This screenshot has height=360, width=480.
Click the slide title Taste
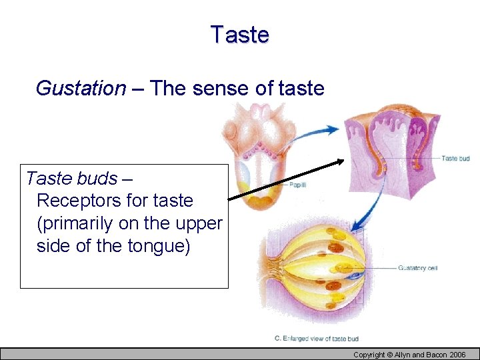(239, 34)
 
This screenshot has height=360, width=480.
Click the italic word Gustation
(80, 88)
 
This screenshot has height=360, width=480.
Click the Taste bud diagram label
(455, 158)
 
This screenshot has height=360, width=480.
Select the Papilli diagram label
(297, 184)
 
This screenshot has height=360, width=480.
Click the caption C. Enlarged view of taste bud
(317, 339)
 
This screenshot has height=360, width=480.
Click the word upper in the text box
(199, 223)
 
